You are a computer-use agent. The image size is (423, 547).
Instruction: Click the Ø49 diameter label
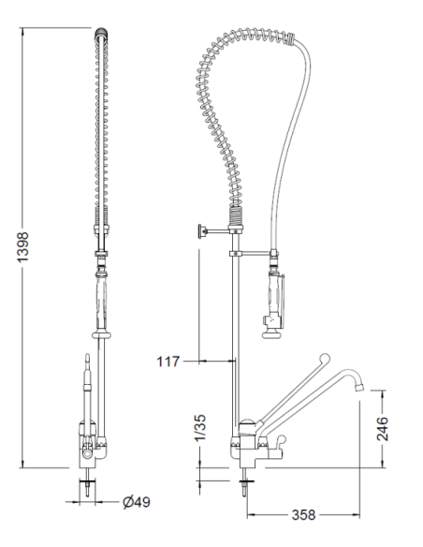(137, 503)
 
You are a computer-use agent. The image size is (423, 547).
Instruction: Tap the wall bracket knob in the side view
(198, 231)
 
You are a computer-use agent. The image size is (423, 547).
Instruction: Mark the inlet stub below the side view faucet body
(246, 485)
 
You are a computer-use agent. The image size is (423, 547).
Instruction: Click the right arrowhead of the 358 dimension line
(359, 514)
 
